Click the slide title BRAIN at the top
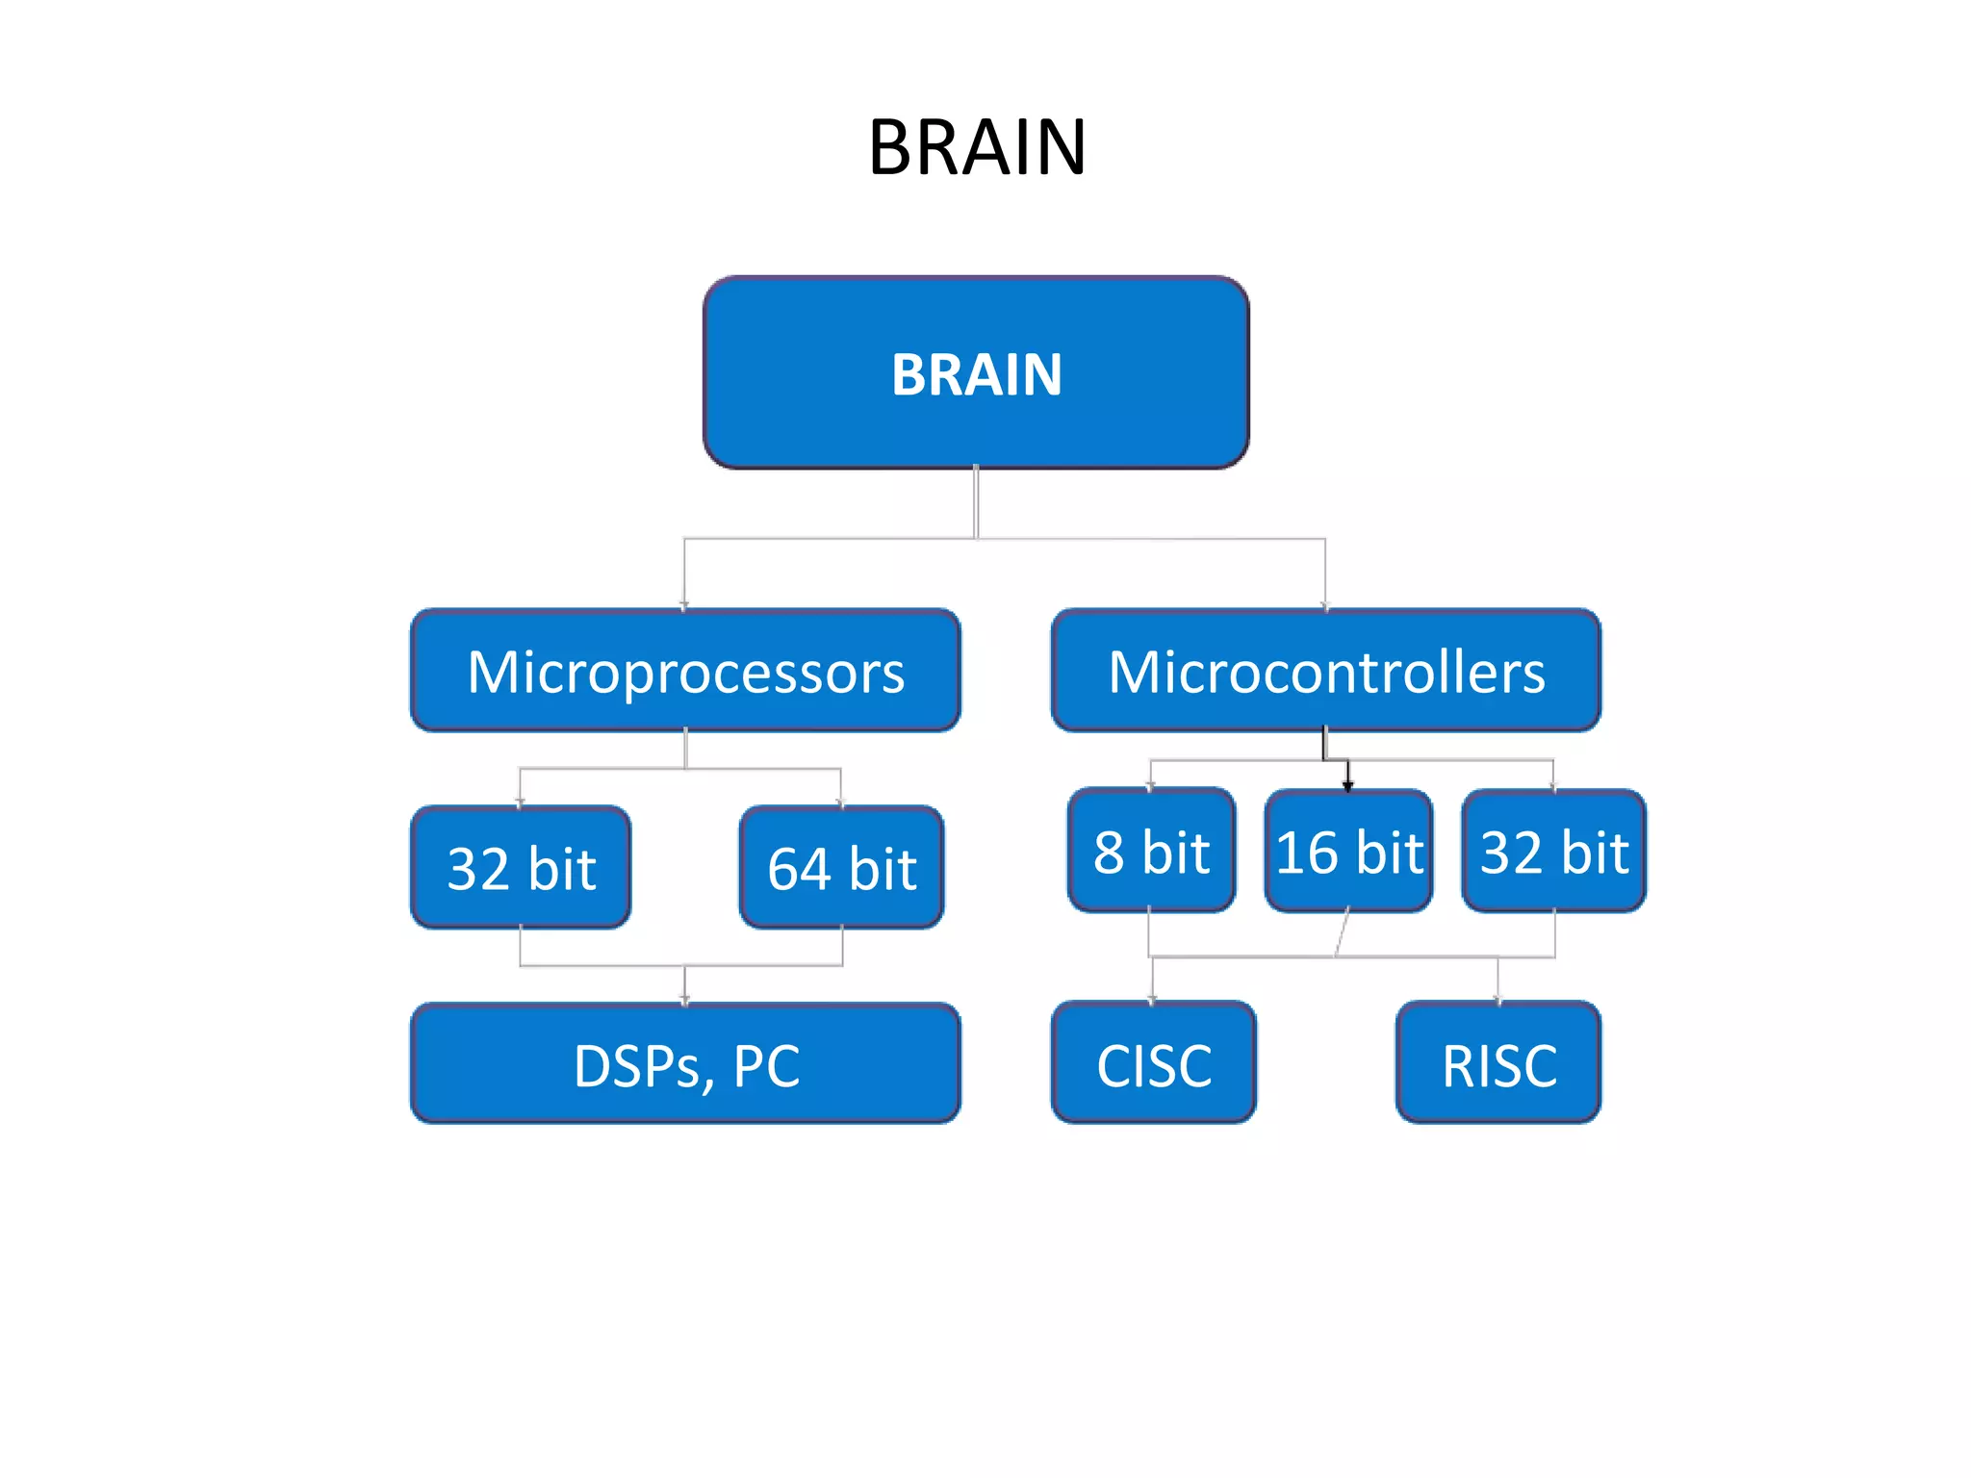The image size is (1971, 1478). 977,147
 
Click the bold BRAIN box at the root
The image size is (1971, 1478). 976,373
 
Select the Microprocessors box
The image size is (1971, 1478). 685,671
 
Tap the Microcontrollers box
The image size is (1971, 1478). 1326,671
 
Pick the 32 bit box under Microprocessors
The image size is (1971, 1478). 521,868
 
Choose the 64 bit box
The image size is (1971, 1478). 841,868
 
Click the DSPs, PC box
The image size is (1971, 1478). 685,1064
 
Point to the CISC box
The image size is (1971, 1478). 1153,1064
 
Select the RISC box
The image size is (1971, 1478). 1498,1064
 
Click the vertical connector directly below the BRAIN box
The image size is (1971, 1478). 976,502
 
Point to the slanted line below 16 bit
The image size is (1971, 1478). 1342,934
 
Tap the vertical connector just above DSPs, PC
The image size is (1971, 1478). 685,984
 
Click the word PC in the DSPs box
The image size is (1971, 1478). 766,1066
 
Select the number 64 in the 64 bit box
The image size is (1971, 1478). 798,869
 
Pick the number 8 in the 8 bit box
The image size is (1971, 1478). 1109,853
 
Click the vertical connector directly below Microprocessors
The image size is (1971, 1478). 685,749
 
